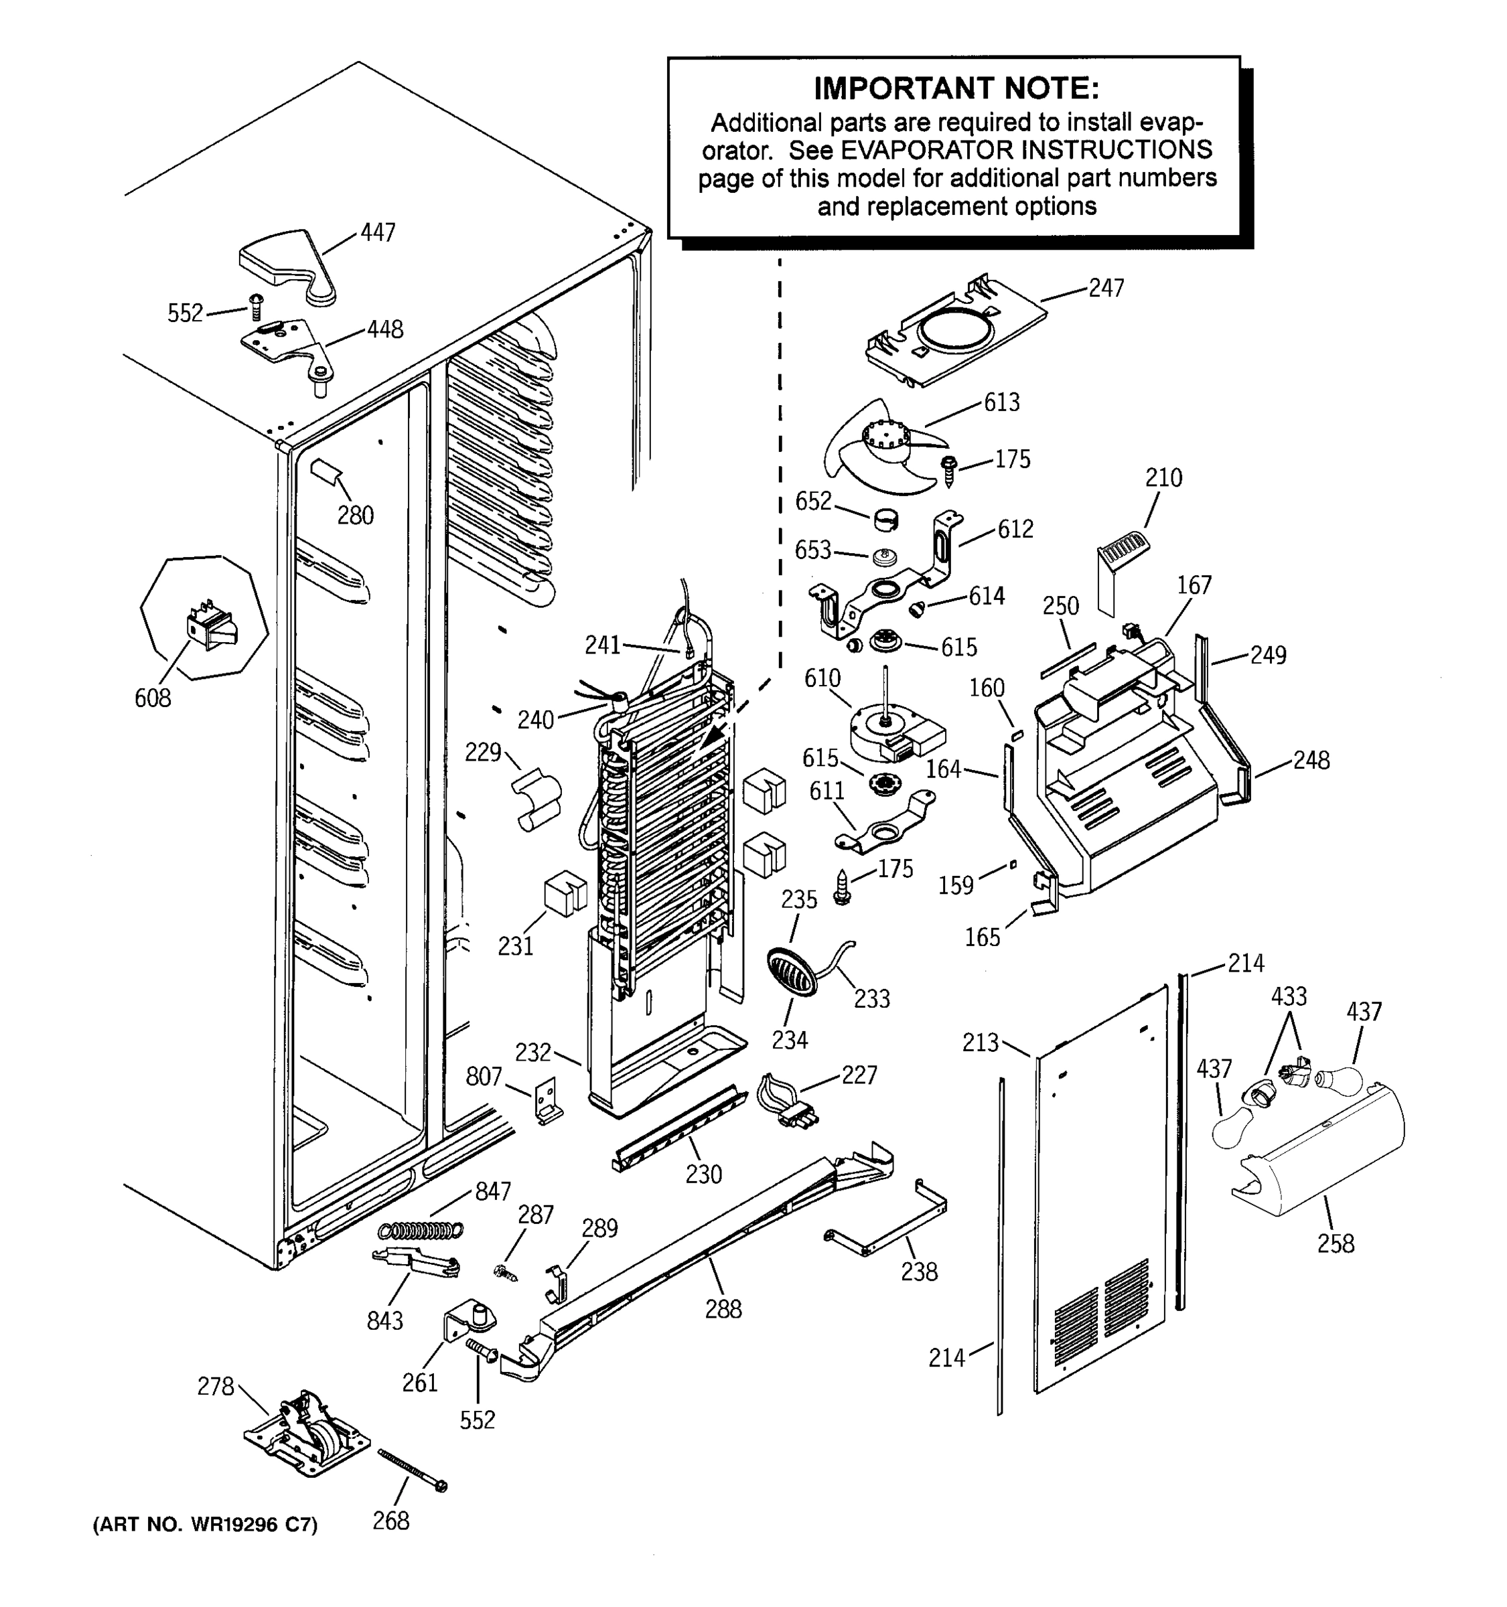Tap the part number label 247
(x=1105, y=289)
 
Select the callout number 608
(x=153, y=698)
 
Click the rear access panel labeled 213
(x=1100, y=1189)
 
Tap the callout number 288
(x=722, y=1309)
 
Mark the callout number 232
(x=532, y=1053)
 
